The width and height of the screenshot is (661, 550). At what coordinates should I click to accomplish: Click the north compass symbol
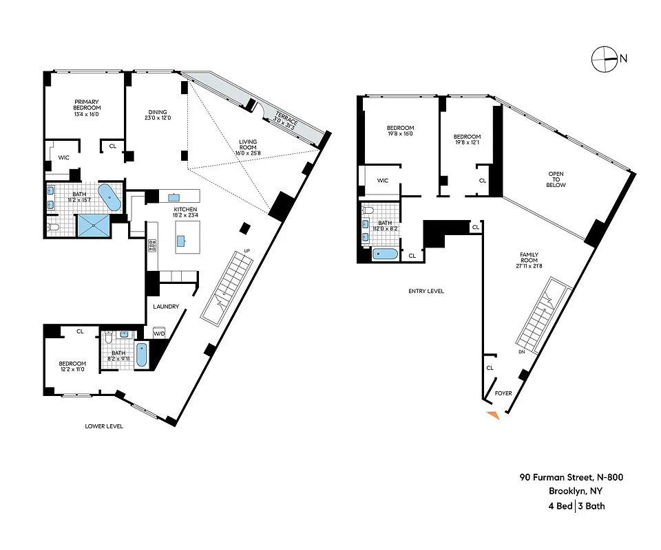coord(604,59)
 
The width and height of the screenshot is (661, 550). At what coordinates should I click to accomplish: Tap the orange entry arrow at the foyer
coord(494,414)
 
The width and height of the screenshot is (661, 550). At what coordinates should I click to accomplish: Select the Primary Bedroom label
coord(87,104)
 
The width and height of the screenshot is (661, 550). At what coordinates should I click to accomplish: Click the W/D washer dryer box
coord(159,333)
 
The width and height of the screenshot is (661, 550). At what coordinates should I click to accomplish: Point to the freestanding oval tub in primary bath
coord(109,197)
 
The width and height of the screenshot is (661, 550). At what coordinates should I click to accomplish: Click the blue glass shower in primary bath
coord(93,224)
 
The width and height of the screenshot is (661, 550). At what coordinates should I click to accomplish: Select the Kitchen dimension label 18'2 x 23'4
coord(185,216)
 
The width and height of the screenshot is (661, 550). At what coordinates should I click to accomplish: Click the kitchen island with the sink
coord(182,241)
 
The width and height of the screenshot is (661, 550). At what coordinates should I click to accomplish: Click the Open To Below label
coord(556,179)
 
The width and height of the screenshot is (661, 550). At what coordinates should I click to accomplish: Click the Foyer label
coord(503,393)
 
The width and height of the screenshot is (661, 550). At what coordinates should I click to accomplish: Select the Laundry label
coord(167,307)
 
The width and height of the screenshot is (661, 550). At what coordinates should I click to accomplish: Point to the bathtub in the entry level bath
coord(386,254)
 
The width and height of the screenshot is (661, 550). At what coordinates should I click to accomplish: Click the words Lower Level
coord(104,426)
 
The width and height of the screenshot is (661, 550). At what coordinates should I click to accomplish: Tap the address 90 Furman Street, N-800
coord(571,477)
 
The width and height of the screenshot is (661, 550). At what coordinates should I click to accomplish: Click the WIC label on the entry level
coord(383,181)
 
